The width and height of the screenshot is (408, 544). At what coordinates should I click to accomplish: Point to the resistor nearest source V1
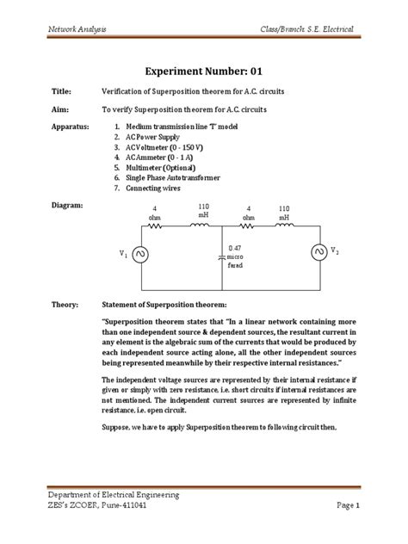pyautogui.click(x=155, y=226)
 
